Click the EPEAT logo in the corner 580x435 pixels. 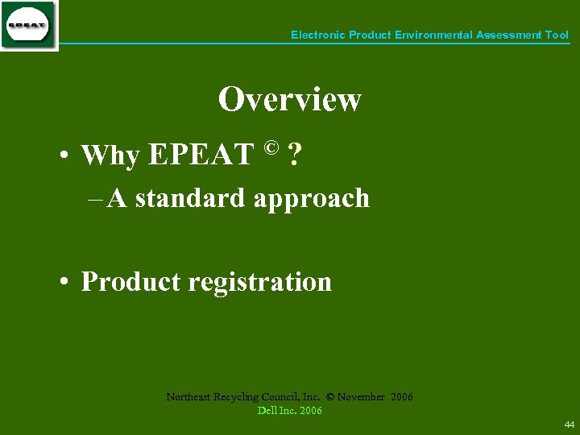pos(29,26)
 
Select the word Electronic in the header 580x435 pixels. pos(317,35)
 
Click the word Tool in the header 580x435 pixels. pos(557,35)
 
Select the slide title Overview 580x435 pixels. pos(289,100)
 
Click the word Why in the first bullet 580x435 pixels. pos(110,155)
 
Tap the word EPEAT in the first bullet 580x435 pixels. pos(201,155)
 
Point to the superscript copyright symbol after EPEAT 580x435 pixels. pos(271,147)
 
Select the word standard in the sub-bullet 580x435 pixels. pos(190,198)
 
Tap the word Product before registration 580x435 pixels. pos(131,282)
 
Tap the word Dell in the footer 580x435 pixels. pos(267,411)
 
